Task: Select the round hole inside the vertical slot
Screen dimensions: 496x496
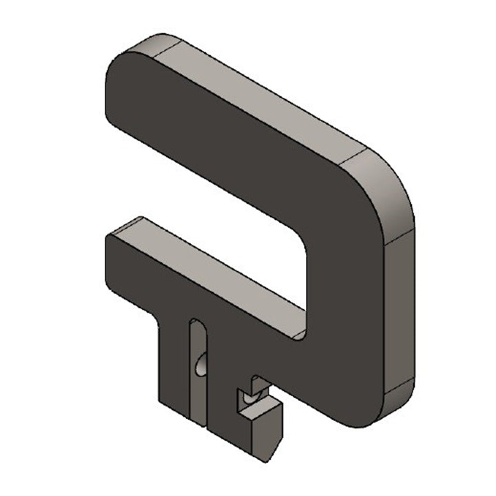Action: click(200, 364)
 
